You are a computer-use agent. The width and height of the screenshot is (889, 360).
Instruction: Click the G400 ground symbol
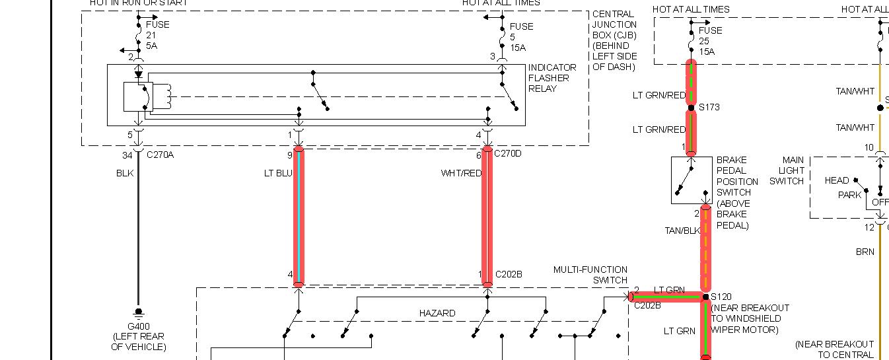[x=139, y=312]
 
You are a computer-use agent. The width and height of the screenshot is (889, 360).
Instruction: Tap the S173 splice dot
[x=691, y=108]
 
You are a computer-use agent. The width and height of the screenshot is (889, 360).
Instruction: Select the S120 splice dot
[x=705, y=297]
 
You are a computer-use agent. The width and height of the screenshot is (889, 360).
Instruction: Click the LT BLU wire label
[x=277, y=173]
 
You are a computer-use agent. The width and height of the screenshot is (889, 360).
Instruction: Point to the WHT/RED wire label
[x=462, y=173]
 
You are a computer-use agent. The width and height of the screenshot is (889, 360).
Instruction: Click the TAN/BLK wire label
[x=682, y=231]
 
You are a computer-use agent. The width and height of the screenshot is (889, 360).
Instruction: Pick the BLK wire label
[x=125, y=173]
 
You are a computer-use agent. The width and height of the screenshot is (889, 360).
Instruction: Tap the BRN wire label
[x=865, y=252]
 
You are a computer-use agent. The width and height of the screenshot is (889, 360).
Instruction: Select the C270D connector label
[x=508, y=155]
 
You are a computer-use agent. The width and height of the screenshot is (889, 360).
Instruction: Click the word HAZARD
[x=437, y=313]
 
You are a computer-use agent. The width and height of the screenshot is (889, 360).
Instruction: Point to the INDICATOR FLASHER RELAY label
[x=552, y=78]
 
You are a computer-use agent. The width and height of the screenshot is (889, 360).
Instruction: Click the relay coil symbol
[x=167, y=96]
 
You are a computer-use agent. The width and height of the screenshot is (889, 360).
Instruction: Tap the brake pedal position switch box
[x=691, y=180]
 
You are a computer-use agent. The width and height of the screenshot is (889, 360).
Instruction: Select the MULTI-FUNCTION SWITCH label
[x=590, y=275]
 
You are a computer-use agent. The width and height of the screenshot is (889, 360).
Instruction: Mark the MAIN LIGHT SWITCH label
[x=787, y=170]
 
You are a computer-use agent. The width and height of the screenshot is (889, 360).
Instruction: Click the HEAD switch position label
[x=837, y=180]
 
